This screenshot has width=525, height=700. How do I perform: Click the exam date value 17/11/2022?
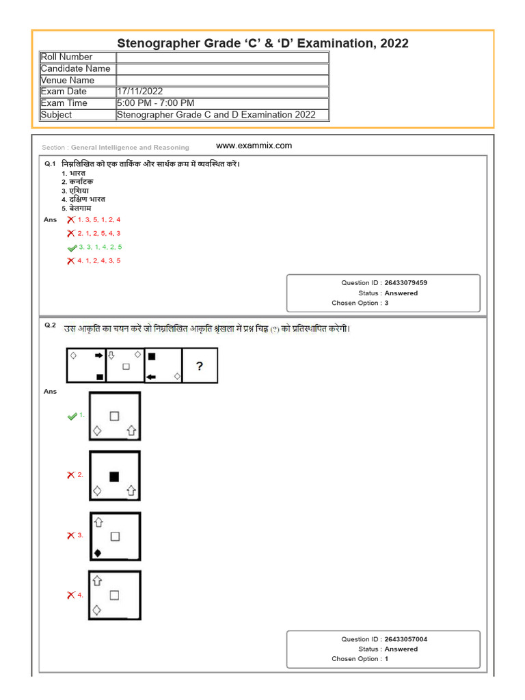(x=140, y=92)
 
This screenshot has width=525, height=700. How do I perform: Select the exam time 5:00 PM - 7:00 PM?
(x=156, y=103)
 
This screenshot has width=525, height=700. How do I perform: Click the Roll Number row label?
(x=66, y=57)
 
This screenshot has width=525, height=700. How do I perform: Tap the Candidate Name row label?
(x=75, y=68)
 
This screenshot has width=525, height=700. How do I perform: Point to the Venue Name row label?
(x=68, y=80)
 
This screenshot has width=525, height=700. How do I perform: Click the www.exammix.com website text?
(x=254, y=146)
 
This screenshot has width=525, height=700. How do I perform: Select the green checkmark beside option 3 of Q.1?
(x=72, y=247)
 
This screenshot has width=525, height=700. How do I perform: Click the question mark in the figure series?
(x=200, y=366)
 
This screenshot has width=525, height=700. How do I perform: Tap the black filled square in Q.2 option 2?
(x=114, y=476)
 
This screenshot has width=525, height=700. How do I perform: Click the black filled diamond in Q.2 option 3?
(x=98, y=552)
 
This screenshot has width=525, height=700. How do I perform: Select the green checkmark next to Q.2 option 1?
(x=72, y=416)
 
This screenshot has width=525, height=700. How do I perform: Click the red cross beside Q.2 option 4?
(x=71, y=595)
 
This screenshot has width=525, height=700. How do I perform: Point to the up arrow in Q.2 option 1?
(x=132, y=431)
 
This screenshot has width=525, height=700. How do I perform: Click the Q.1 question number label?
(x=49, y=164)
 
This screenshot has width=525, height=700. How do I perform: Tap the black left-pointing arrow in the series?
(x=151, y=377)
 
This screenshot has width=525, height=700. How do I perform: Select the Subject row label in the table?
(x=56, y=115)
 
